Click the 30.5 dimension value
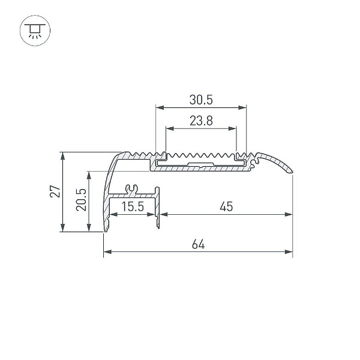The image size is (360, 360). coord(201,100)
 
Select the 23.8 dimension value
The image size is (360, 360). coord(201,121)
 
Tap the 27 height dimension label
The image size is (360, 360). coord(55,191)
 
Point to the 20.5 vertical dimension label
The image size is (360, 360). coord(81,200)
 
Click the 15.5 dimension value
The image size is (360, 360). coord(133,206)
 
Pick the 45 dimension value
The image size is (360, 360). coord(226,206)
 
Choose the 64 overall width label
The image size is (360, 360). coord(198,244)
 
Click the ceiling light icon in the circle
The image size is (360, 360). coord(35,31)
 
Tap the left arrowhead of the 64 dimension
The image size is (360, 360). coord(107,251)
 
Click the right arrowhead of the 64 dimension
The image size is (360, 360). coord(289,251)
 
